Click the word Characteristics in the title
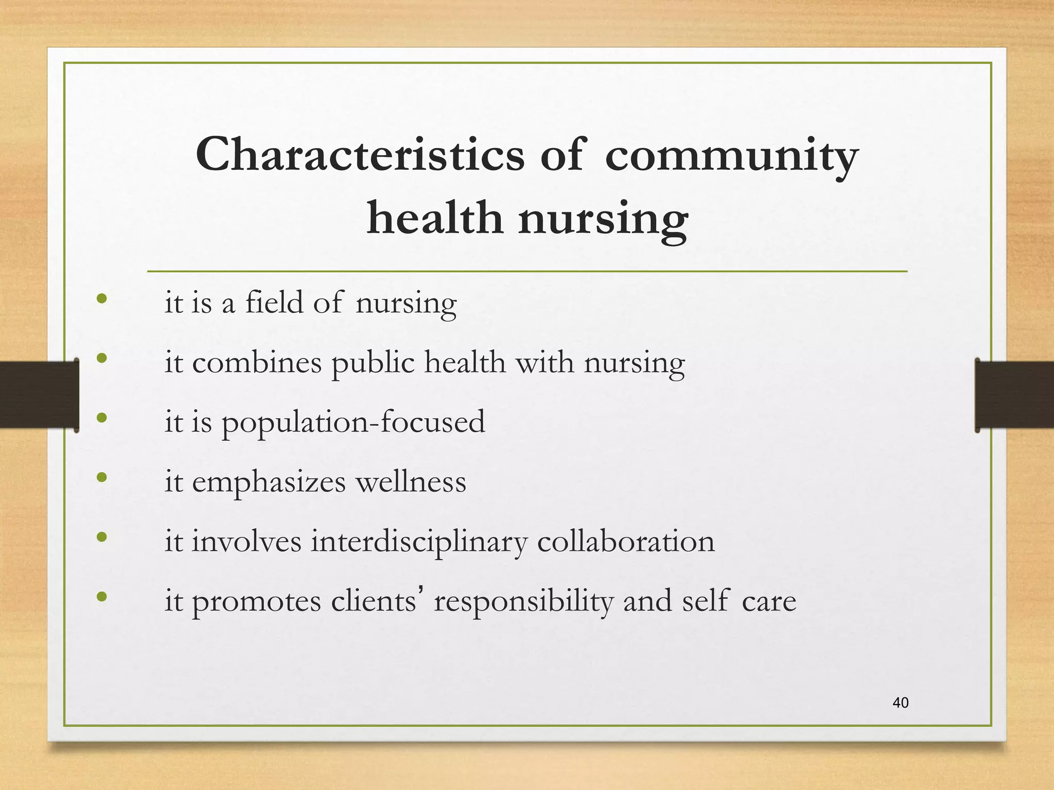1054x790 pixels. click(360, 155)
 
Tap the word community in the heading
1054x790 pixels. click(731, 157)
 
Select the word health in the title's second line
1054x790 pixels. click(434, 218)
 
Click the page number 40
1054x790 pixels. click(901, 703)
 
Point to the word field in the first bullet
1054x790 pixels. click(274, 302)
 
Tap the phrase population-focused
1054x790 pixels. click(353, 422)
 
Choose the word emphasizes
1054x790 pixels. click(269, 483)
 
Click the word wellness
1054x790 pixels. click(411, 482)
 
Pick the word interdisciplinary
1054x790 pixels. click(419, 542)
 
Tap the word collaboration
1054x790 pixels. click(626, 541)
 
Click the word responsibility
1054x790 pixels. click(523, 602)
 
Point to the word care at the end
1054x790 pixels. click(769, 602)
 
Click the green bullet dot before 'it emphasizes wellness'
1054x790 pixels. click(102, 477)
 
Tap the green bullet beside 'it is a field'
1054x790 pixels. click(102, 298)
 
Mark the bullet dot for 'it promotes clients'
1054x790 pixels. click(102, 597)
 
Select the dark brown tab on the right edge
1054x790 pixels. click(1015, 395)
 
